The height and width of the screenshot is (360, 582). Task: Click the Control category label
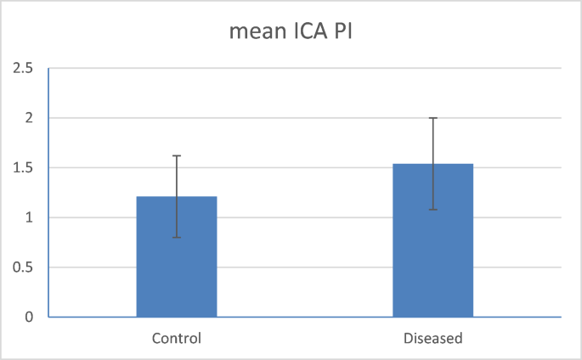pyautogui.click(x=177, y=338)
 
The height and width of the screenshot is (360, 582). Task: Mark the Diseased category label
pyautogui.click(x=432, y=338)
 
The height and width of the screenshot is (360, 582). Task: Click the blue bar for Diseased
pyautogui.click(x=432, y=255)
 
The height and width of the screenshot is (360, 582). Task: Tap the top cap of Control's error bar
pyautogui.click(x=177, y=155)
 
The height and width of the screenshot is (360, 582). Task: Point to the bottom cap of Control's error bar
pyautogui.click(x=177, y=237)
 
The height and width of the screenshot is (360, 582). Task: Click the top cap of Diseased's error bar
pyautogui.click(x=432, y=118)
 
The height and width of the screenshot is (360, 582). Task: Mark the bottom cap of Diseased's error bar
pyautogui.click(x=432, y=209)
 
